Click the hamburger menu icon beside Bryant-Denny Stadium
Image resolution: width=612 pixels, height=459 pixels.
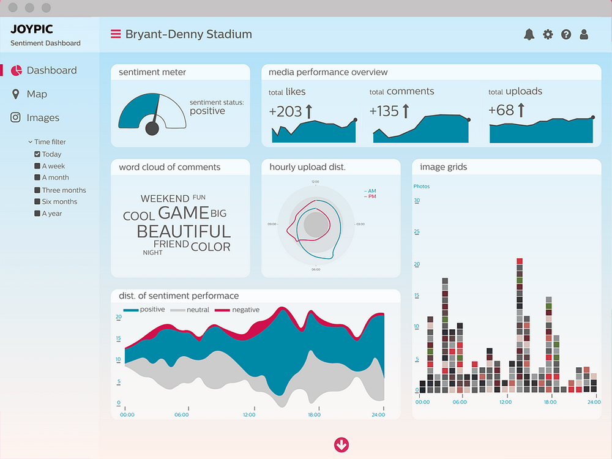tap(115, 34)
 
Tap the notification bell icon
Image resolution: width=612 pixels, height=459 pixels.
tap(529, 35)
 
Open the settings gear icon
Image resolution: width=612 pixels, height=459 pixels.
tap(548, 35)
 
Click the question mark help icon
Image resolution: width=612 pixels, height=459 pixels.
tap(566, 35)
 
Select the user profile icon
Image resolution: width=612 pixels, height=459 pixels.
tap(584, 35)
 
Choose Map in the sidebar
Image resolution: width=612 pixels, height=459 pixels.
tap(37, 94)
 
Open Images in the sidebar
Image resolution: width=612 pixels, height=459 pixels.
tap(43, 118)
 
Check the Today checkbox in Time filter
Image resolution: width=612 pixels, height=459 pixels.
tap(37, 154)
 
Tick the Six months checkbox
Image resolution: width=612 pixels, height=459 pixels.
tap(37, 201)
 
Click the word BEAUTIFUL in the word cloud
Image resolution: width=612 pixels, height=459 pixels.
tap(184, 231)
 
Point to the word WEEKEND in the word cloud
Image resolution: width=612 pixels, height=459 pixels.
tap(165, 199)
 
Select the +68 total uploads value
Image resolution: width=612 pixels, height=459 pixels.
tap(501, 111)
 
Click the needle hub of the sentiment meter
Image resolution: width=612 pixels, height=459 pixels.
tap(152, 128)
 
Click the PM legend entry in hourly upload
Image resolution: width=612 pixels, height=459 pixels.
tap(370, 196)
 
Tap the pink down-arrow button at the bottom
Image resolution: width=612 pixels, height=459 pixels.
tap(341, 445)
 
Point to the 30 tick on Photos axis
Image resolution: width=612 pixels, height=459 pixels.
tap(417, 200)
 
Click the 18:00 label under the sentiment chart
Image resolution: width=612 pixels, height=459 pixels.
tap(313, 415)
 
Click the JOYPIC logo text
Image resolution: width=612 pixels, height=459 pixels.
tap(31, 29)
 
